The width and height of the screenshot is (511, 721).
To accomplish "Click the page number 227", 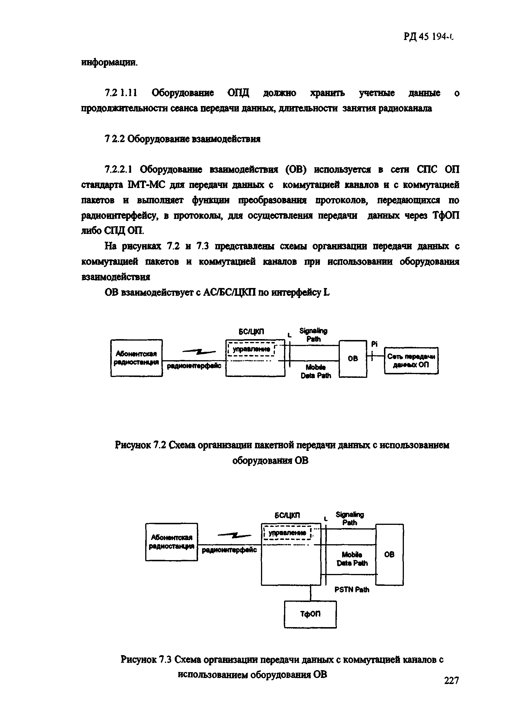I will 452,680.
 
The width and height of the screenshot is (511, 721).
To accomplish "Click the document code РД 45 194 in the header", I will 429,37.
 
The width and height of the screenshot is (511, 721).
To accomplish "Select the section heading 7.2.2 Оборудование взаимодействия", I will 182,139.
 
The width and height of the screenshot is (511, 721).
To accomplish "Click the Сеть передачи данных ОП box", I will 411,360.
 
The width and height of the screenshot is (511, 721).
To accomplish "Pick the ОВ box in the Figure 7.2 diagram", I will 353,358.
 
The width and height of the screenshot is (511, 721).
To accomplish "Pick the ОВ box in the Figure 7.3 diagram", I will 389,554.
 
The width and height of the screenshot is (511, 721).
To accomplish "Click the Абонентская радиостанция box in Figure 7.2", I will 137,358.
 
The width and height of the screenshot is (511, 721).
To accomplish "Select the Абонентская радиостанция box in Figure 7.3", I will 171,542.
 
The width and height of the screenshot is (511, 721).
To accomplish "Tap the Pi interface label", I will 374,344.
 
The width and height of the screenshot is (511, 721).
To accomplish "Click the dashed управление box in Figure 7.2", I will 251,349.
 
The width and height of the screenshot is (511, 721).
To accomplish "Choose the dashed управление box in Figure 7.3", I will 287,533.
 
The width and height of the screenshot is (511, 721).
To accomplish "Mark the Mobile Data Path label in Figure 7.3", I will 352,559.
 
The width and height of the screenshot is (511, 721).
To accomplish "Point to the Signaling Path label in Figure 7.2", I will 314,335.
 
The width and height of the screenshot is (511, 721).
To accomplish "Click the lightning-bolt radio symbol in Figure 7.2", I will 199,352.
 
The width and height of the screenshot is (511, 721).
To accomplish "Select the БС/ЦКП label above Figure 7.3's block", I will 287,515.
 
